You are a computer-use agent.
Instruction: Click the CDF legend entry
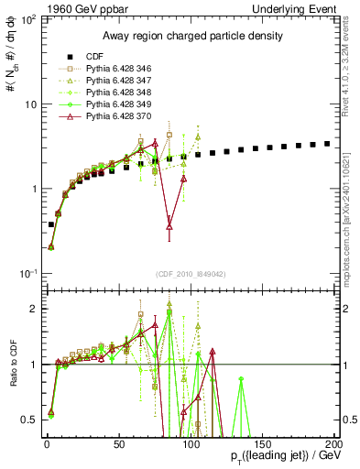point(83,57)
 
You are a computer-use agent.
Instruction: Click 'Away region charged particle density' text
point(189,37)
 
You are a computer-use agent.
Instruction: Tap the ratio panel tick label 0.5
point(30,420)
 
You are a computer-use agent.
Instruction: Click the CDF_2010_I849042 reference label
point(190,272)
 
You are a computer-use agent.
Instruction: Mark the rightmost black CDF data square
point(327,144)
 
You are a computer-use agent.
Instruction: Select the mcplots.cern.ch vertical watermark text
point(353,220)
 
